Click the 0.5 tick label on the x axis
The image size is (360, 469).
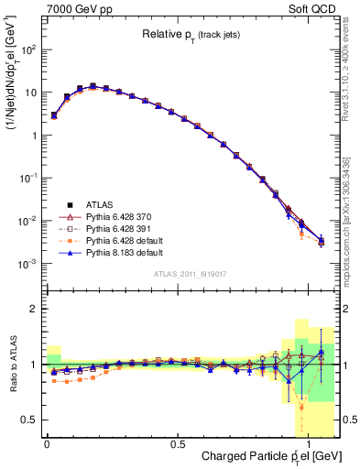[x=176, y=442]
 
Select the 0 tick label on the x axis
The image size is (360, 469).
[x=46, y=442]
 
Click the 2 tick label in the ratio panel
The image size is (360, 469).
[x=36, y=309]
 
